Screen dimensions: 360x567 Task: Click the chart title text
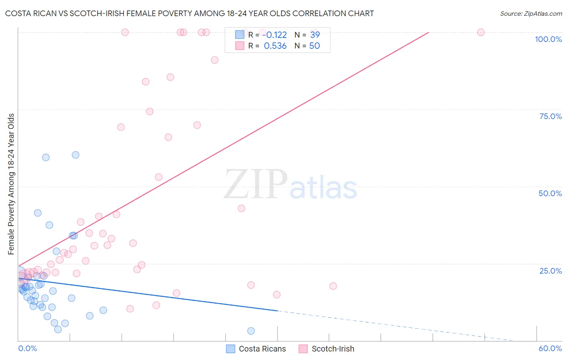tap(189, 13)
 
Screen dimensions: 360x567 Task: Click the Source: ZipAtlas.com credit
tap(531, 13)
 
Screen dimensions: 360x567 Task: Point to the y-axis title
tap(11, 184)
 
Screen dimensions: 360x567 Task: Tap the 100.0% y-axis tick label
tap(548, 39)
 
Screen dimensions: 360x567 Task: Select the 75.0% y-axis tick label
tap(550, 116)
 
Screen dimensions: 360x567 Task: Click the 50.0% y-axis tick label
tap(550, 193)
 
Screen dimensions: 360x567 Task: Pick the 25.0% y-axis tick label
tap(550, 271)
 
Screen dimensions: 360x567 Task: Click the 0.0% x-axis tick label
tap(27, 348)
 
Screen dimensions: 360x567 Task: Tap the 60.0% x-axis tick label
tap(550, 348)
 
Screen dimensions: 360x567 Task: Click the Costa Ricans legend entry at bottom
tap(256, 349)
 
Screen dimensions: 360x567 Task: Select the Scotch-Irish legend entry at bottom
tap(327, 349)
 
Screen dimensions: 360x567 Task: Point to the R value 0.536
tap(275, 46)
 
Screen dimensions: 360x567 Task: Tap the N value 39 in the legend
tap(315, 35)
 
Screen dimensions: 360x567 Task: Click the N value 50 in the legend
tap(315, 46)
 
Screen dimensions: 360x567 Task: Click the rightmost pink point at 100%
tap(481, 32)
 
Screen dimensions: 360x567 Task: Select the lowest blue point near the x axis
tap(251, 331)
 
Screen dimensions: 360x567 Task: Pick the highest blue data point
tap(75, 155)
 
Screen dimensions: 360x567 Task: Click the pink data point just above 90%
tap(215, 60)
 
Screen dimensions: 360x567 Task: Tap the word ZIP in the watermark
tap(256, 184)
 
